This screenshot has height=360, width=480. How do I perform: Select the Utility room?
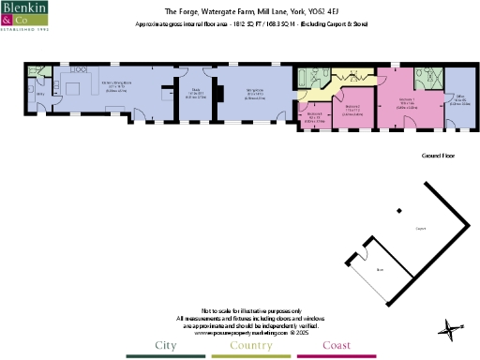click(40, 95)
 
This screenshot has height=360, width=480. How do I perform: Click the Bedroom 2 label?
click(352, 109)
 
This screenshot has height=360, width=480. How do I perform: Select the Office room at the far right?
click(459, 103)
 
